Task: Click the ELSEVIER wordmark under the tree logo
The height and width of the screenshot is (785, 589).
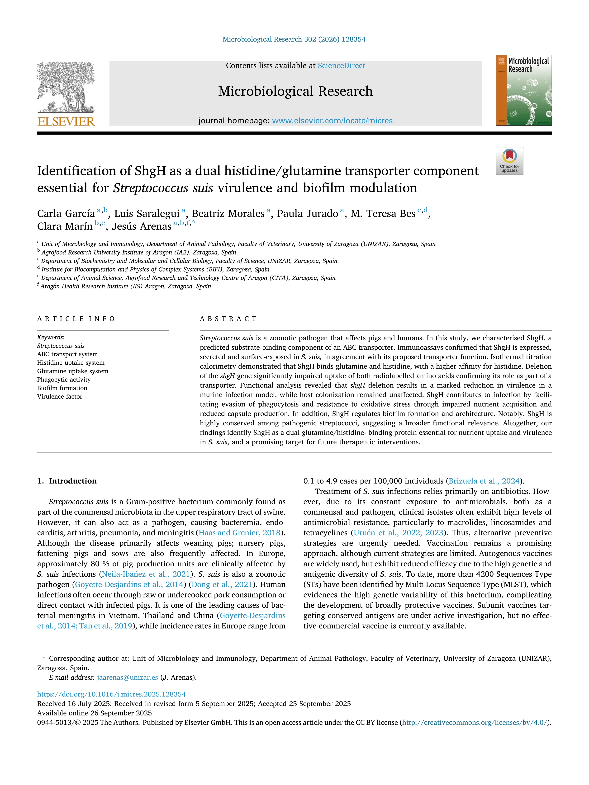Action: [66, 122]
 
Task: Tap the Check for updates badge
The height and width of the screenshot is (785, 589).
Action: [509, 161]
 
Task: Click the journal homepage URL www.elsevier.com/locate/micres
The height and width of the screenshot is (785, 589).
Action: [332, 121]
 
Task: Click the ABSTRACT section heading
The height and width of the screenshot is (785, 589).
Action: [228, 319]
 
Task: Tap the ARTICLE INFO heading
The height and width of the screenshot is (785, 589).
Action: [76, 319]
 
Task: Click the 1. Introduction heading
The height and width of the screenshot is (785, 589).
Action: [67, 481]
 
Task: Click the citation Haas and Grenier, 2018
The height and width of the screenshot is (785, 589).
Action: [240, 533]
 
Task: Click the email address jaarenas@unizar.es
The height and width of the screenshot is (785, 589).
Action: [127, 677]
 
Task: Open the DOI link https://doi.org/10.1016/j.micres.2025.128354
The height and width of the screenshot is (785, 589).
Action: [111, 694]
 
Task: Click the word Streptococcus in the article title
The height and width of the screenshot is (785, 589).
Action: [150, 188]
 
